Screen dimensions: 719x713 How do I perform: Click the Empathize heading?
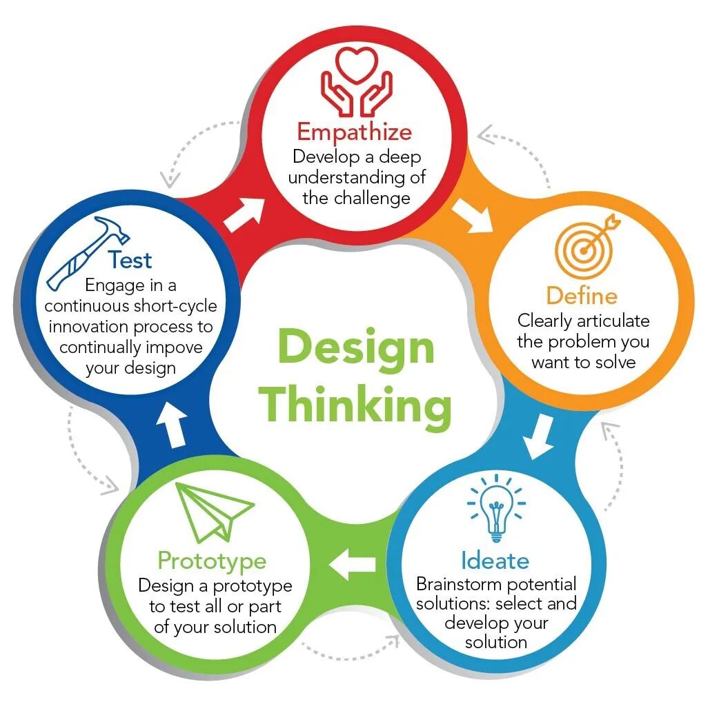click(x=355, y=132)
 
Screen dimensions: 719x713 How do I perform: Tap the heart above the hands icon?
click(x=356, y=65)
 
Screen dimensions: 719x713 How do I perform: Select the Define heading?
click(x=582, y=296)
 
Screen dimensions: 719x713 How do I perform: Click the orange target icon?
click(x=587, y=246)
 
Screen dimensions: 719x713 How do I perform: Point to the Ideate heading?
click(x=495, y=561)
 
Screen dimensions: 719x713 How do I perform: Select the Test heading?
click(x=130, y=260)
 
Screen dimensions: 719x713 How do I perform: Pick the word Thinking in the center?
click(x=355, y=405)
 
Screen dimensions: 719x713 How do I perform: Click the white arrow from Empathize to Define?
click(x=472, y=215)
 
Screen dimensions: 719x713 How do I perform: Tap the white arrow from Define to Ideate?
click(x=540, y=436)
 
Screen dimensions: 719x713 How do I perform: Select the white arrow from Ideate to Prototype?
click(x=352, y=564)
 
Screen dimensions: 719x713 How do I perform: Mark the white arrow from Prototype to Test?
click(x=172, y=424)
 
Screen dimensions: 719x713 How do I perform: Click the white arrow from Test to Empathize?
click(x=244, y=214)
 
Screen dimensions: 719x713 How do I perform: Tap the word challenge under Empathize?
click(x=372, y=199)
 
